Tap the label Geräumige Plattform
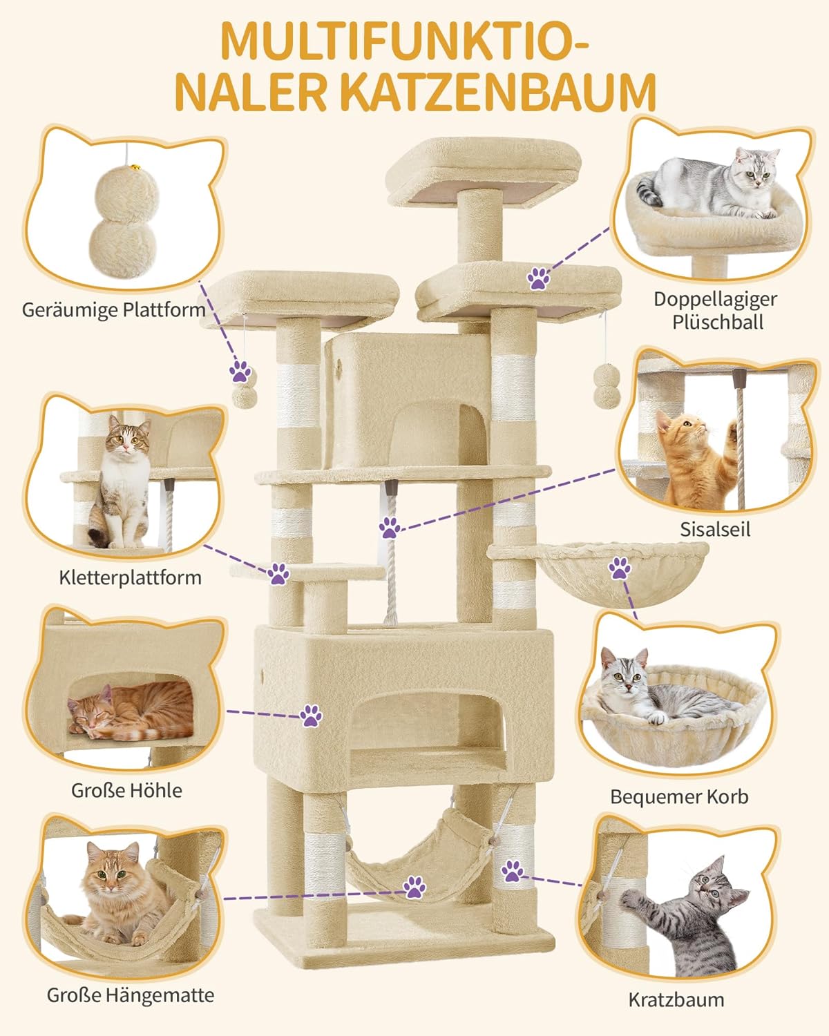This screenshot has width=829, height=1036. (x=114, y=309)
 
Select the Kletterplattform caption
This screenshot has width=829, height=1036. (x=131, y=577)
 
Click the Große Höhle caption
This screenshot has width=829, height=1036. (x=126, y=789)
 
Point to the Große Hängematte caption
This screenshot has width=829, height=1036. (x=131, y=995)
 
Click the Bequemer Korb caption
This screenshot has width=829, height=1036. (x=679, y=796)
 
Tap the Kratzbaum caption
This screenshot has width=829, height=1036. (x=676, y=999)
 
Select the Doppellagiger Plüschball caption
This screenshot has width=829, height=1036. (x=715, y=310)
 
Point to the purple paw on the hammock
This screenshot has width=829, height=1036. (x=414, y=887)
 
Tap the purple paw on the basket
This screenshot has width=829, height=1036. (x=619, y=570)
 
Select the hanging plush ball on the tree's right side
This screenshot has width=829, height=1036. (x=606, y=387)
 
